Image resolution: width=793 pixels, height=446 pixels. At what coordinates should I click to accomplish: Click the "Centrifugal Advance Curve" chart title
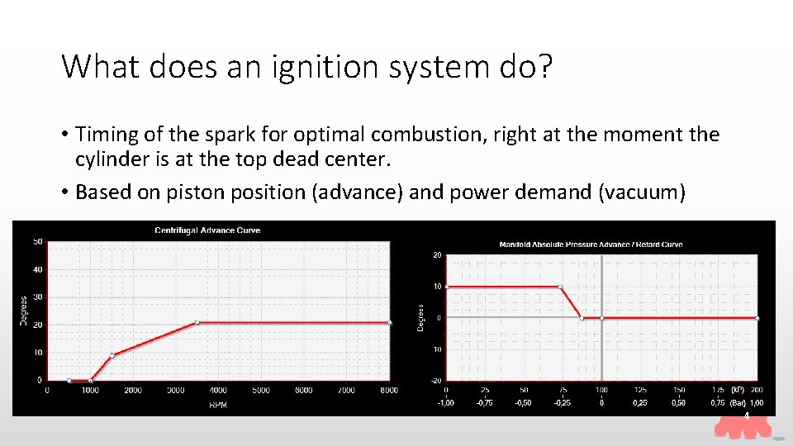(x=207, y=230)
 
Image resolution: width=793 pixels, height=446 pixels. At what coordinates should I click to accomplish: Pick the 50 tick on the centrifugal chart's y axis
(x=38, y=242)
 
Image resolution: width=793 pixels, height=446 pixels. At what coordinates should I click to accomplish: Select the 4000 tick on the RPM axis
(x=218, y=390)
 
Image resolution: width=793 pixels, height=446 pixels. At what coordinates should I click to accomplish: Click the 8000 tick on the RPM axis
(x=389, y=390)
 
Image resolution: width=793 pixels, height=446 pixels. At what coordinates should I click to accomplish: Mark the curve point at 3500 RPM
(x=197, y=322)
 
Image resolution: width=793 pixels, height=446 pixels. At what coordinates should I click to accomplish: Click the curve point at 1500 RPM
(x=112, y=355)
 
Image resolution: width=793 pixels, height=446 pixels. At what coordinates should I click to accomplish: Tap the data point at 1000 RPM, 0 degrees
(x=91, y=380)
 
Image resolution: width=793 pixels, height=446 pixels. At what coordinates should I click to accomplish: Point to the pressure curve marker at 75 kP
(x=561, y=287)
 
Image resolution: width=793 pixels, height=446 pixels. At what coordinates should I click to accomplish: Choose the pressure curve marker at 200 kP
(x=757, y=318)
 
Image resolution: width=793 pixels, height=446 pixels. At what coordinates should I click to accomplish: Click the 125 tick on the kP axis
(x=639, y=390)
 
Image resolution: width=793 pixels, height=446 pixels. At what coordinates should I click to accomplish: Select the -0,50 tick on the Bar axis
(x=523, y=403)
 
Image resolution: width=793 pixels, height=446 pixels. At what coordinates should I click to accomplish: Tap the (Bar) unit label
(x=738, y=403)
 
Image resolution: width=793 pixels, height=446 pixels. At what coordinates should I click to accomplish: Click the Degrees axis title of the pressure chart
(x=420, y=318)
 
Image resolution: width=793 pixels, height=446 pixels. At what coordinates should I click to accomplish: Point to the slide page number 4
(x=747, y=416)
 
